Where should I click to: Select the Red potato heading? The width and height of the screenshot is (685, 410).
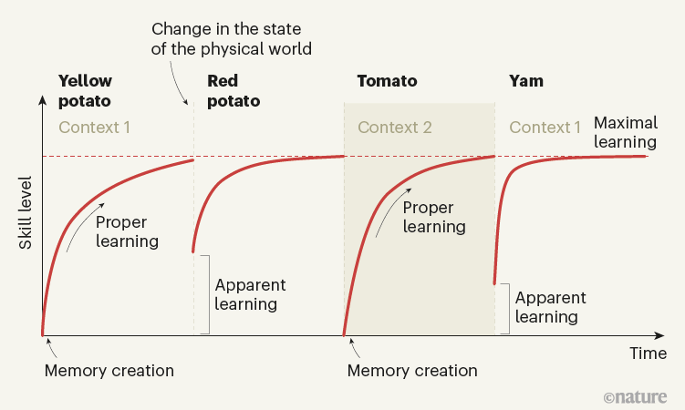(x=234, y=90)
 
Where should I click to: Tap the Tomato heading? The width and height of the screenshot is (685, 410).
(x=387, y=81)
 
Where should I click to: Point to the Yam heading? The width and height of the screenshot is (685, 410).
(x=525, y=81)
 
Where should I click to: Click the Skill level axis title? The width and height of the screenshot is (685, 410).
(x=24, y=212)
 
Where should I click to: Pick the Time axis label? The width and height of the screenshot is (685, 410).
(x=648, y=353)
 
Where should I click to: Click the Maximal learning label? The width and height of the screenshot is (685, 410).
(x=625, y=133)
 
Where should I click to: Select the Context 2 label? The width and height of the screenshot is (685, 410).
(x=394, y=127)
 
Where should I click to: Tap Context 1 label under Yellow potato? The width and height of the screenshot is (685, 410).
(x=95, y=127)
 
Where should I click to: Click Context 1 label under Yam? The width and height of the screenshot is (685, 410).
(x=545, y=127)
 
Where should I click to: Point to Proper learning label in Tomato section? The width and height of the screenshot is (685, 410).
(x=434, y=217)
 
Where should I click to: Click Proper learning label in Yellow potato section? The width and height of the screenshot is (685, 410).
(x=127, y=231)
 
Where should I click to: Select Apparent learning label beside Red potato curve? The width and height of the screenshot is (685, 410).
(x=250, y=294)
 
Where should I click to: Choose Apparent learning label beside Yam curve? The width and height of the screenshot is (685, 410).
(x=550, y=307)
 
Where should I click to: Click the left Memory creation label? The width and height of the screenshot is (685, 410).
(x=109, y=371)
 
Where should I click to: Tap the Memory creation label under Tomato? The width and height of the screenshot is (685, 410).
(x=412, y=371)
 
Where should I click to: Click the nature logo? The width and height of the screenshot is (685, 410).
(x=636, y=397)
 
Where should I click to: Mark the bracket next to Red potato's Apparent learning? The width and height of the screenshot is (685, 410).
(x=206, y=293)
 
